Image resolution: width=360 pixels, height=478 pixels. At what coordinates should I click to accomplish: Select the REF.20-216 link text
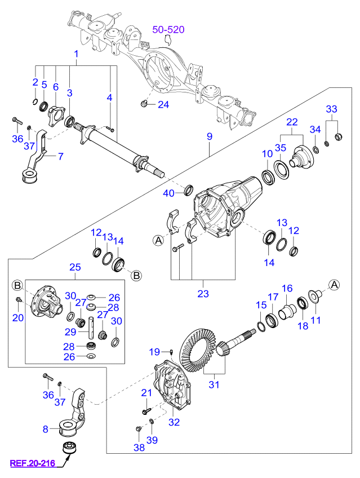point(32,464)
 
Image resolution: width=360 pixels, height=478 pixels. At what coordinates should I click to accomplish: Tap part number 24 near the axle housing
point(163,104)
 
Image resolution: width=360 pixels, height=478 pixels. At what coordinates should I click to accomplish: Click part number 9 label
point(209,136)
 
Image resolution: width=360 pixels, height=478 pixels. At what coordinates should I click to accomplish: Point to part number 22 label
point(291,122)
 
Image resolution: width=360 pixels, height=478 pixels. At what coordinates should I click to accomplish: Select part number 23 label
point(203,293)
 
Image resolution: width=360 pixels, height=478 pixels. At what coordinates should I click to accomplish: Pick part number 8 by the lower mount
point(46,429)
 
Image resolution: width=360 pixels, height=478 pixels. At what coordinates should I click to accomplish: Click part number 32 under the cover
point(174,421)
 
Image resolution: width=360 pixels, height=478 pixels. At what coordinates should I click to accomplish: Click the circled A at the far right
point(334,285)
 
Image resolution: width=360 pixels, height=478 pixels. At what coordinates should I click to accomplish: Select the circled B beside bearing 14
point(136,275)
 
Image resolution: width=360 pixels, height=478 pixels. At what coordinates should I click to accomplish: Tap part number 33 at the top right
point(331,109)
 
